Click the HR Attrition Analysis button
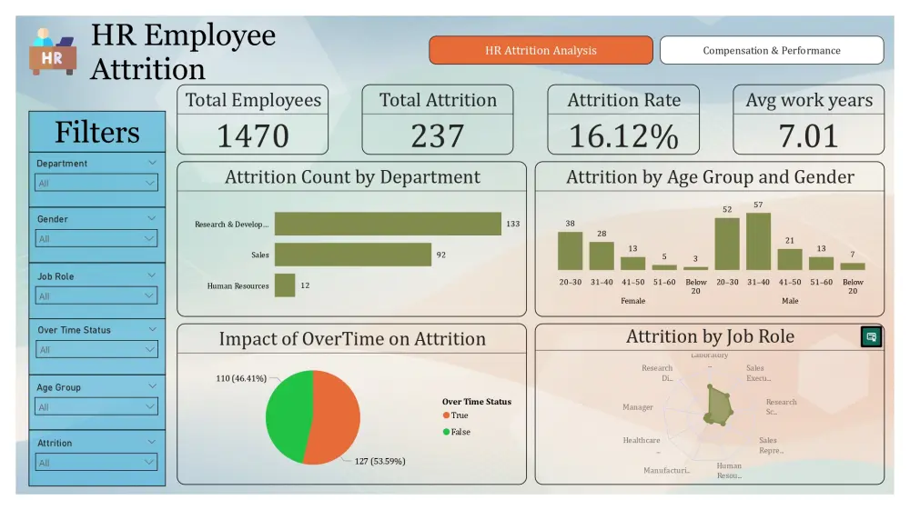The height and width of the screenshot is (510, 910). click(541, 50)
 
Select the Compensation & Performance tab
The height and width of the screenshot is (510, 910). click(771, 50)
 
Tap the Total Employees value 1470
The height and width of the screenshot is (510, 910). click(252, 135)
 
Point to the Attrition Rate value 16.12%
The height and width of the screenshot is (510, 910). click(623, 135)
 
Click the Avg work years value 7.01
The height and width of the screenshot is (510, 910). click(808, 135)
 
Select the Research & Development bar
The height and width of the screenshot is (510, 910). click(388, 224)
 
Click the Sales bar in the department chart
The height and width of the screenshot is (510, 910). click(352, 255)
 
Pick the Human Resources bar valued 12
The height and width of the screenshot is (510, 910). click(285, 285)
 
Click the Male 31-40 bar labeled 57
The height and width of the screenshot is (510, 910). click(758, 242)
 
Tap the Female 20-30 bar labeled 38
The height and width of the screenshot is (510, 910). click(570, 251)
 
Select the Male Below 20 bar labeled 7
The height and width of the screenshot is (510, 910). click(853, 266)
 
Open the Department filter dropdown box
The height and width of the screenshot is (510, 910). click(96, 183)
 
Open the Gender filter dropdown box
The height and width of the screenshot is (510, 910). click(96, 238)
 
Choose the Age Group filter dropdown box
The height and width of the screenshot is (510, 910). click(96, 407)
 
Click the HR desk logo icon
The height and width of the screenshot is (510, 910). click(53, 52)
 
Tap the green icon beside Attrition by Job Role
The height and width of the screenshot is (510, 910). click(871, 337)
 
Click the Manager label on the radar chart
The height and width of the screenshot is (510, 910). click(638, 407)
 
